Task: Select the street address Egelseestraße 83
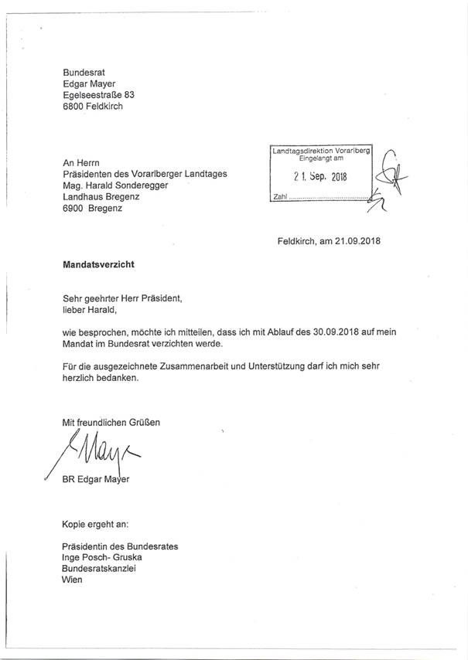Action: pyautogui.click(x=104, y=94)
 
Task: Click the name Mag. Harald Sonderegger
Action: pyautogui.click(x=125, y=185)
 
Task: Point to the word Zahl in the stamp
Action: pyautogui.click(x=281, y=199)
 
